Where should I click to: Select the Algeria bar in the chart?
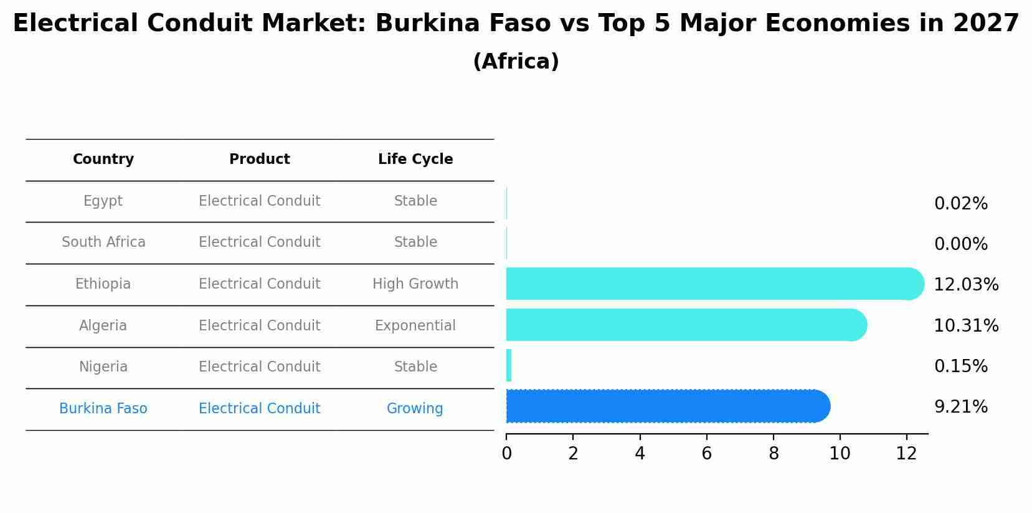685,325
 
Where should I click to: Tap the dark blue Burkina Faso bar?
666,406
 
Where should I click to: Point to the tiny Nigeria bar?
509,365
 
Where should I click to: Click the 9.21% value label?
960,407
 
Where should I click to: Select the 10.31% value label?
965,325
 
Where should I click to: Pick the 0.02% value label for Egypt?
960,204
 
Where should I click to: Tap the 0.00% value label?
960,244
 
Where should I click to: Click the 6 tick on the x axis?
706,454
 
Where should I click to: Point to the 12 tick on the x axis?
906,454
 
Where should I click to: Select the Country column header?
103,160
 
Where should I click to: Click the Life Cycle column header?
415,160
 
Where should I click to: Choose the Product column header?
259,160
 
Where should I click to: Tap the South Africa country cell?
103,242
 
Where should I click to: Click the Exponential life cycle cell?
415,326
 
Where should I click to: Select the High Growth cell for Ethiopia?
415,284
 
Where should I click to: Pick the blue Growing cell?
415,409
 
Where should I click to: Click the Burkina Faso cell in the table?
103,409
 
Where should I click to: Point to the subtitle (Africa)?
516,62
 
